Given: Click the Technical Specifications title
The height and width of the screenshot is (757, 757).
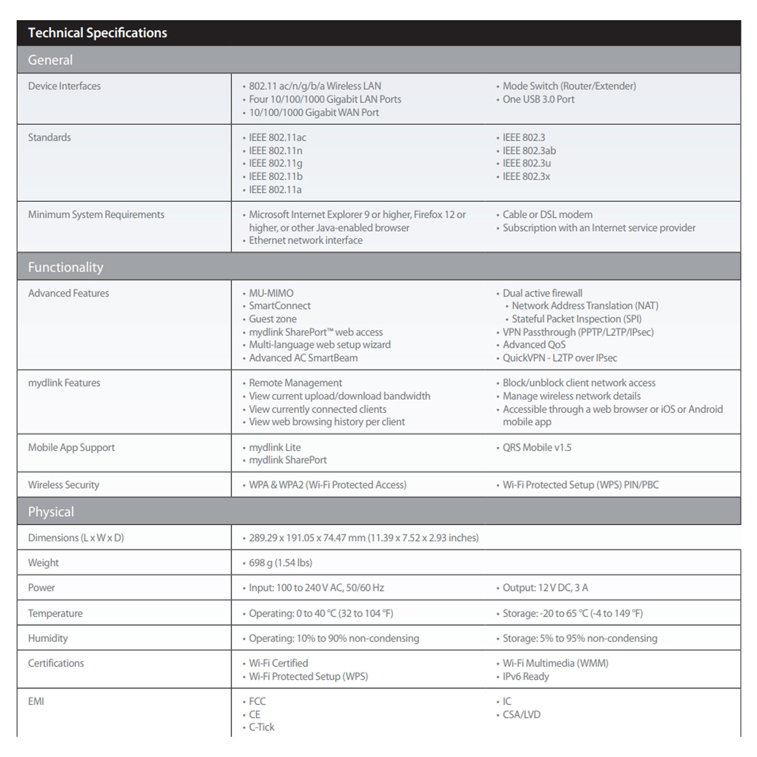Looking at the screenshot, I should [97, 33].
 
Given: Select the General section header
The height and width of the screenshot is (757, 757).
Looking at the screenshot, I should [50, 60].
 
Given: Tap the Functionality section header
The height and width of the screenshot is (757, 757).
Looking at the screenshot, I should [66, 267].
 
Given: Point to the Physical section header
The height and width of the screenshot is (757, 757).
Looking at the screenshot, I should [51, 512].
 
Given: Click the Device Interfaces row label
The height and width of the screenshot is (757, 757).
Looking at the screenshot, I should [65, 86].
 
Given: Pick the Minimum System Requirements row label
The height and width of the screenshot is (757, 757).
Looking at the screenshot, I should [96, 214].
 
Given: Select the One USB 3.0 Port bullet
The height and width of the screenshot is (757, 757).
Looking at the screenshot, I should [538, 99].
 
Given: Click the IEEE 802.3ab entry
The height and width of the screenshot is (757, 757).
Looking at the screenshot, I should [529, 150].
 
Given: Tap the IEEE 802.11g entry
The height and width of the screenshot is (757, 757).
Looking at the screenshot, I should [276, 164].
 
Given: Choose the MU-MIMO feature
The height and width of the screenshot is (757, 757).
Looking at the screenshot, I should [271, 293].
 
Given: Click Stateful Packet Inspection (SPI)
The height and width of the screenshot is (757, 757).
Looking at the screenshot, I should [576, 319].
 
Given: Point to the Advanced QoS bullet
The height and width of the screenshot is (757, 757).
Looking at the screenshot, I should [534, 345].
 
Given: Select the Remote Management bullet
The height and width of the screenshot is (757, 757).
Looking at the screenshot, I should [295, 383].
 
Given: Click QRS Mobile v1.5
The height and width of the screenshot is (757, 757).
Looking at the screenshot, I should [537, 448].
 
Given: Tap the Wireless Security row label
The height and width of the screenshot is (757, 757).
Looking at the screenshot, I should [64, 485].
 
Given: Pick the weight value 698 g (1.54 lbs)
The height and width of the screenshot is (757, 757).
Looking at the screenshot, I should [281, 563].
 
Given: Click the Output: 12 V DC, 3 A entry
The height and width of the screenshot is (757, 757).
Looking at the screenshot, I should [545, 588].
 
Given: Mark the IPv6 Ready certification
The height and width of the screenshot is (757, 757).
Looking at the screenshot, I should [525, 677].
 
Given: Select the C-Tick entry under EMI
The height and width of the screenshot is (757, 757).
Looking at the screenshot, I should [261, 727].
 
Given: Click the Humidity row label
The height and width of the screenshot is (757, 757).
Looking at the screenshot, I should [48, 638].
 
